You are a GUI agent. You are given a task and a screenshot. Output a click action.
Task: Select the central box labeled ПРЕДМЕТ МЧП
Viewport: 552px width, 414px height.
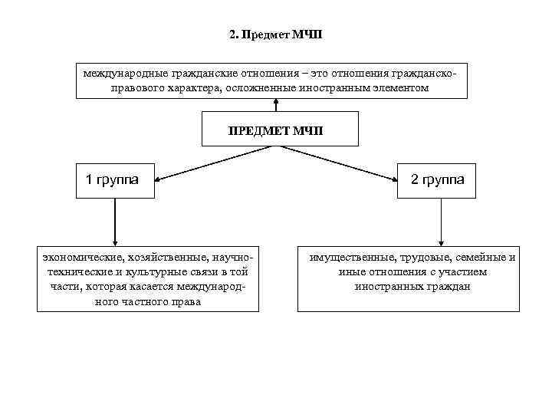(275, 130)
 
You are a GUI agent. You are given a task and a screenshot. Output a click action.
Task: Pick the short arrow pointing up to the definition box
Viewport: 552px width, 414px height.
(275, 105)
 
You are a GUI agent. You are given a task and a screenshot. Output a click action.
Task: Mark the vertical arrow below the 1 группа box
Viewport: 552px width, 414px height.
(113, 222)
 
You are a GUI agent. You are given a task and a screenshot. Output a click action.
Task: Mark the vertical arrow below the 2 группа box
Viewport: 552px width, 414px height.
(439, 222)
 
